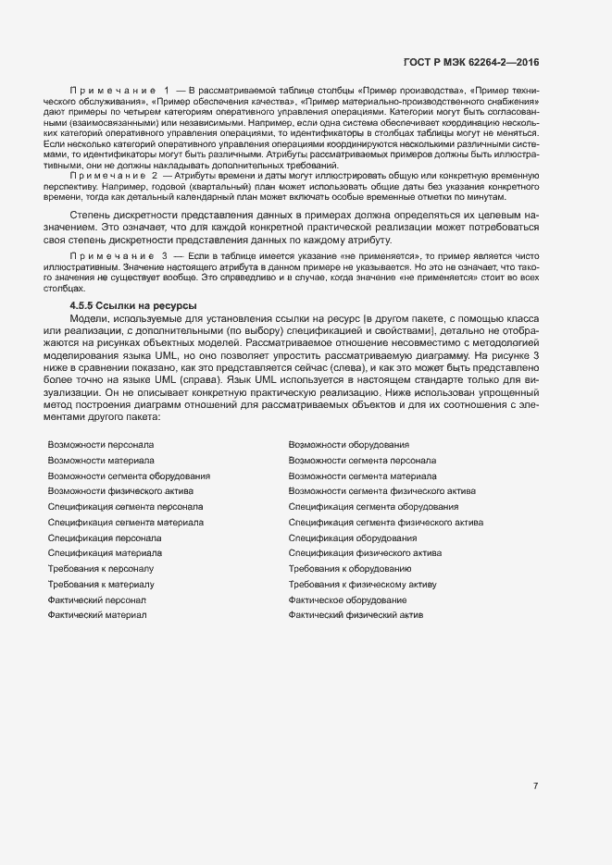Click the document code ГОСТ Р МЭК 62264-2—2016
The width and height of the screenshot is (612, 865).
click(471, 62)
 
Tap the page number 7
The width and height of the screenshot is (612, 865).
click(535, 786)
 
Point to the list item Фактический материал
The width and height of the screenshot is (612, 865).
click(97, 615)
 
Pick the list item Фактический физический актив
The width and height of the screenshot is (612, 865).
click(356, 615)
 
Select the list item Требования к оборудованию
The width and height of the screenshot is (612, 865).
click(350, 569)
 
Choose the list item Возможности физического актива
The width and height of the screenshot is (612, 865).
click(120, 491)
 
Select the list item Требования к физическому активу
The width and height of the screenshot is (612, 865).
click(362, 585)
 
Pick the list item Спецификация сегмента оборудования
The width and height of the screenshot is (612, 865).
click(373, 507)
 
